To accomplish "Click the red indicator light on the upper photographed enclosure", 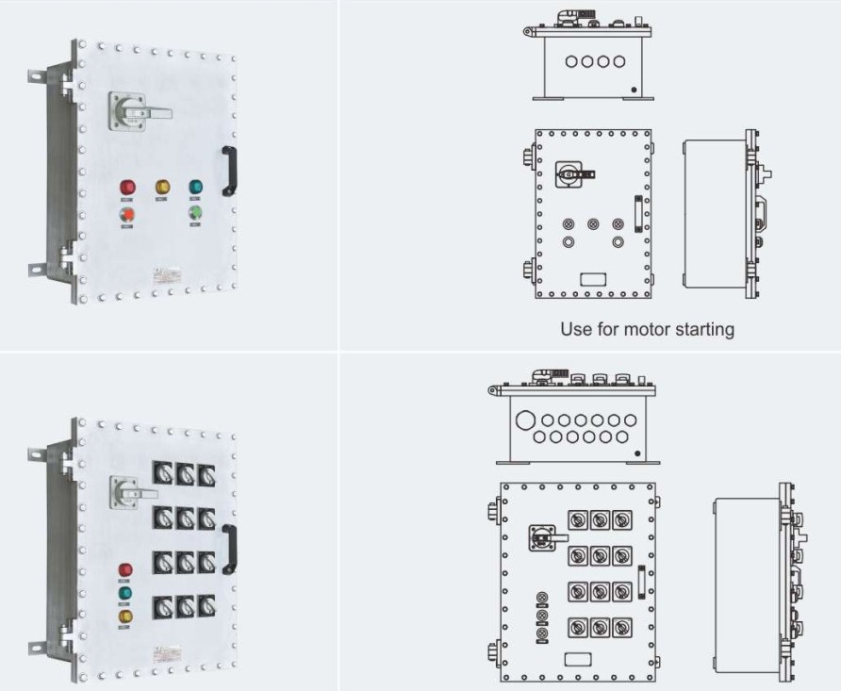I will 127,188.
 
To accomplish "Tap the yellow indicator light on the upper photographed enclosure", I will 161,187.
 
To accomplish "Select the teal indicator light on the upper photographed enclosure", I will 196,187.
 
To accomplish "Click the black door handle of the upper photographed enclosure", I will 228,171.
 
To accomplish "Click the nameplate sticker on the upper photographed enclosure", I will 169,275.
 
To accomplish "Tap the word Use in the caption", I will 575,329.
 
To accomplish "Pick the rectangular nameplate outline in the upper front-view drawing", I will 593,280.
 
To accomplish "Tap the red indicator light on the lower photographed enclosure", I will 125,570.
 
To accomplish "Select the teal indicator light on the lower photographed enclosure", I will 125,594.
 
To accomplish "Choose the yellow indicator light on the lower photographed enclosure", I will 125,617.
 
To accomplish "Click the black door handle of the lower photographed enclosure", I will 229,549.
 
